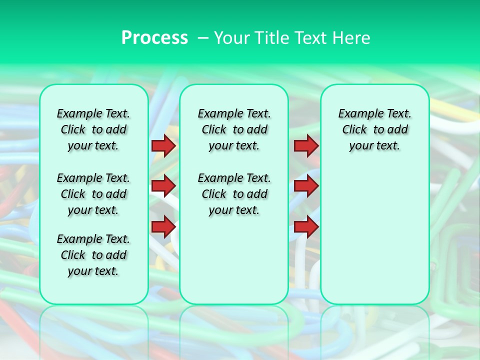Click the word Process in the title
154,38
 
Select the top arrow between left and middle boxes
163,145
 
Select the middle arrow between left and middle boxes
163,186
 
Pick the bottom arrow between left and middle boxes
163,226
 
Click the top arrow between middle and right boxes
306,145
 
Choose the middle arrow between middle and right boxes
306,186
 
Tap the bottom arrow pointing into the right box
306,226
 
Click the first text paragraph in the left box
93,129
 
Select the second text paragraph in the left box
93,194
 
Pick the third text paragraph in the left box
93,255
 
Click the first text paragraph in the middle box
234,129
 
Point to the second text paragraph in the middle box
234,194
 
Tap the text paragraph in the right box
375,129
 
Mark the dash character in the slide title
202,38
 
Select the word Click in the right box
354,130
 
